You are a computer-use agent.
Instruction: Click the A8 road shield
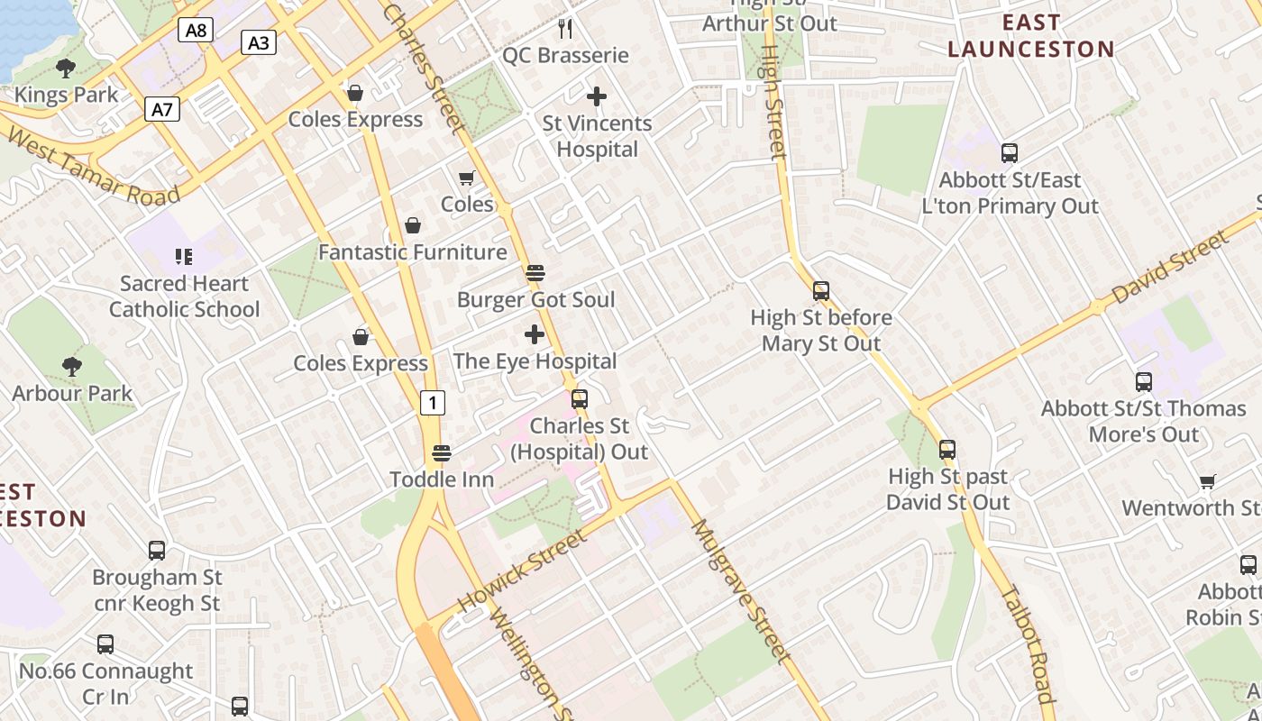[196, 31]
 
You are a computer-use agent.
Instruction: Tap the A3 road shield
[259, 42]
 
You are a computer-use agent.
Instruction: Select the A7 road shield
[162, 110]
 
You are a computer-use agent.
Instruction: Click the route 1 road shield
[433, 403]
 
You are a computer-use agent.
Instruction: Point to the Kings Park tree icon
[66, 68]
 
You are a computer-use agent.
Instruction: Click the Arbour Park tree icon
[72, 367]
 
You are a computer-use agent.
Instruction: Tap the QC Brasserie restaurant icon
[565, 29]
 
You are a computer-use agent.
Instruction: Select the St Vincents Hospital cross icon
[596, 96]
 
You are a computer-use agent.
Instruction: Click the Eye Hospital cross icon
[535, 335]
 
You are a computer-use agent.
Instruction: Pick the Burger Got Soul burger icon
[535, 273]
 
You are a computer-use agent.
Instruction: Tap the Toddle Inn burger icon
[441, 452]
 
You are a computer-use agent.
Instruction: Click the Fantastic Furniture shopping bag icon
[413, 225]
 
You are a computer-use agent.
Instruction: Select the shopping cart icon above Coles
[467, 178]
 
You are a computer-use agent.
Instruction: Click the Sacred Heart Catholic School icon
[184, 257]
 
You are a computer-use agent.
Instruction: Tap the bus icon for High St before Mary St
[820, 291]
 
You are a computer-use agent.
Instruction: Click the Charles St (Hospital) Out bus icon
[580, 398]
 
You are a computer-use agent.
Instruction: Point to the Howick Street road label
[522, 570]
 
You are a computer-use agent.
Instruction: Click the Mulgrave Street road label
[740, 590]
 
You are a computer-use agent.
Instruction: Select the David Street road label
[1169, 268]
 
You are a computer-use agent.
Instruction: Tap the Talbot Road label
[1028, 644]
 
